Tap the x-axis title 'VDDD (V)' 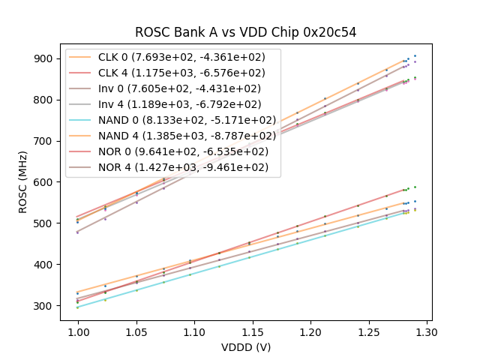pos(246,347)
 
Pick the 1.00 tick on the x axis pos(78,331)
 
